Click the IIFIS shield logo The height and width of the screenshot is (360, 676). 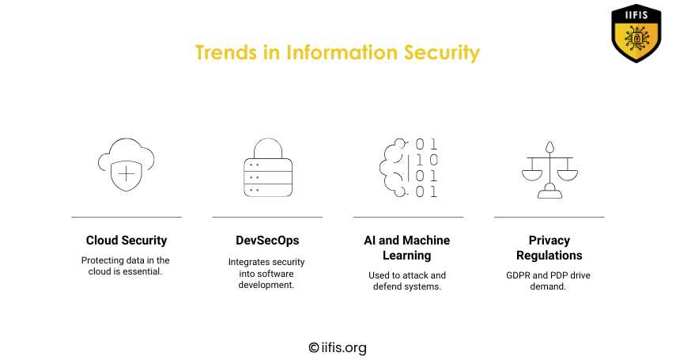pyautogui.click(x=636, y=33)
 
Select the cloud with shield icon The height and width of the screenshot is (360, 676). pyautogui.click(x=127, y=165)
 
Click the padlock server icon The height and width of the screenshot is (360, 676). pyautogui.click(x=268, y=168)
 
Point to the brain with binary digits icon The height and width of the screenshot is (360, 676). pyautogui.click(x=409, y=168)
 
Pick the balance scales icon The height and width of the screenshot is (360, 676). pyautogui.click(x=549, y=169)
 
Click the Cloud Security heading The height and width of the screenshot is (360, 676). pyautogui.click(x=127, y=241)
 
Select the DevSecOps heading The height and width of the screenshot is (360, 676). pyautogui.click(x=267, y=241)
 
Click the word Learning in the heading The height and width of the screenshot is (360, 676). pyautogui.click(x=407, y=256)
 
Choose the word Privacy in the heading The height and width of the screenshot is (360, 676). pyautogui.click(x=549, y=241)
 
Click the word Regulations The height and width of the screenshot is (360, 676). pyautogui.click(x=549, y=256)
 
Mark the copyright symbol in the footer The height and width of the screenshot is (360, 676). pyautogui.click(x=314, y=347)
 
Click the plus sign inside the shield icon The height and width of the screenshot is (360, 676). pyautogui.click(x=127, y=174)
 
